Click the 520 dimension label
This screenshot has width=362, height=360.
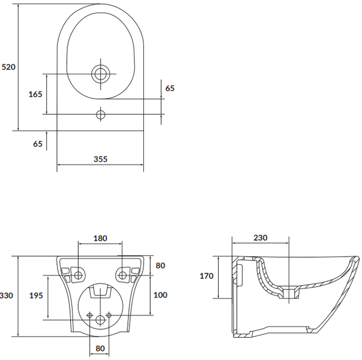click(x=9, y=67)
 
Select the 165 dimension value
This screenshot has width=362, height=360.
click(x=35, y=94)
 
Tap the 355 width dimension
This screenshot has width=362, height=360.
click(x=100, y=159)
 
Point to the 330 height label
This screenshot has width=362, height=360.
click(x=6, y=295)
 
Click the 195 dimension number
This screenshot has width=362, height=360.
click(x=36, y=295)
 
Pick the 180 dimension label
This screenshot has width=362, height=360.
click(x=100, y=238)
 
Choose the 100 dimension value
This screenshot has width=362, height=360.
click(x=160, y=295)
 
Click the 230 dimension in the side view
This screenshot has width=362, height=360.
click(x=260, y=238)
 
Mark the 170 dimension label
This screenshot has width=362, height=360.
click(x=206, y=276)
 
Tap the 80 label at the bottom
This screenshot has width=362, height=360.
click(x=100, y=349)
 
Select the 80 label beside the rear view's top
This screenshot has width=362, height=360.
click(x=160, y=266)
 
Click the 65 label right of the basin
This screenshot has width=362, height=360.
click(x=170, y=88)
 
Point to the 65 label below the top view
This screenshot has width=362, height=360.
click(x=38, y=144)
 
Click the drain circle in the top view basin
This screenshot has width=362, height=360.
click(x=100, y=74)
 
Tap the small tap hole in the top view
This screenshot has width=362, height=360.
click(x=100, y=114)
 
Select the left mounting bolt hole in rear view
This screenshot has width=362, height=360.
click(x=78, y=275)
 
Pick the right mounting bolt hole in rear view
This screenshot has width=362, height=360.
click(x=122, y=275)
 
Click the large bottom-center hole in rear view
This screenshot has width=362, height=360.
click(x=100, y=320)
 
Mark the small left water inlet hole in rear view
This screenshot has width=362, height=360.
click(x=90, y=315)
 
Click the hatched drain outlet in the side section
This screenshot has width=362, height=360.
click(x=289, y=293)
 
